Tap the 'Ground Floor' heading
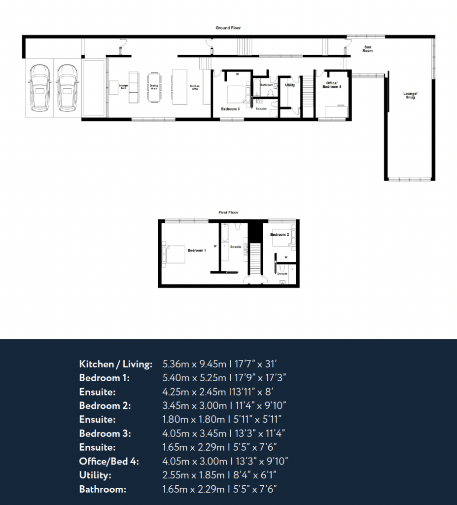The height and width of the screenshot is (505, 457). click(x=228, y=28)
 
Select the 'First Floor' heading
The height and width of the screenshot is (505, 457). click(x=228, y=212)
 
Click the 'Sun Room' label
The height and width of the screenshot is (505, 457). click(x=367, y=49)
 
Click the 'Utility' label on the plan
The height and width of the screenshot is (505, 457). click(x=290, y=85)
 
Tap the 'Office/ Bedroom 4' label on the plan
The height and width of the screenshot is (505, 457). click(x=331, y=85)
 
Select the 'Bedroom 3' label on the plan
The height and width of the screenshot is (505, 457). click(x=230, y=108)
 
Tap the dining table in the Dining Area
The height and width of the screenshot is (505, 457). click(x=154, y=87)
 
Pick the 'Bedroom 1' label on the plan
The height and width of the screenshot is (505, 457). click(x=197, y=251)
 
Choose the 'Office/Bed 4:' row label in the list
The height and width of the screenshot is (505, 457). click(x=109, y=462)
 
